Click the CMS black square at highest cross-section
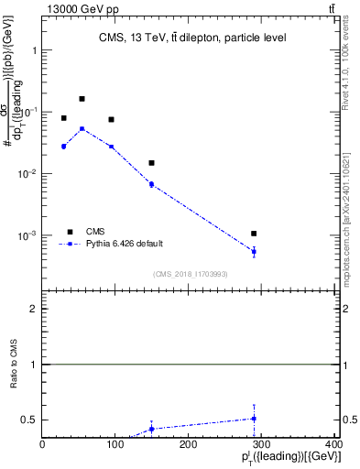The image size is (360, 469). pyautogui.click(x=82, y=99)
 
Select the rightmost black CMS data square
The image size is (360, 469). pyautogui.click(x=254, y=234)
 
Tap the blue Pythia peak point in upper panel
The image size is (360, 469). pyautogui.click(x=82, y=128)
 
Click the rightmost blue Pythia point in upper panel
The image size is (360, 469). pyautogui.click(x=254, y=251)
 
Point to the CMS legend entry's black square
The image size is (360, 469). pyautogui.click(x=69, y=231)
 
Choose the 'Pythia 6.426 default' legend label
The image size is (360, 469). pyautogui.click(x=125, y=243)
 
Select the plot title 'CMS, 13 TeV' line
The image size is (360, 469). pyautogui.click(x=192, y=38)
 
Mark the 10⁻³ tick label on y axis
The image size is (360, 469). pyautogui.click(x=27, y=235)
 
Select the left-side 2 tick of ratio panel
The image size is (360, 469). pyautogui.click(x=34, y=310)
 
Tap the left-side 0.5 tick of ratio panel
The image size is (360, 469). pyautogui.click(x=29, y=420)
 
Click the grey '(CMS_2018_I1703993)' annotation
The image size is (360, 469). pyautogui.click(x=192, y=274)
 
